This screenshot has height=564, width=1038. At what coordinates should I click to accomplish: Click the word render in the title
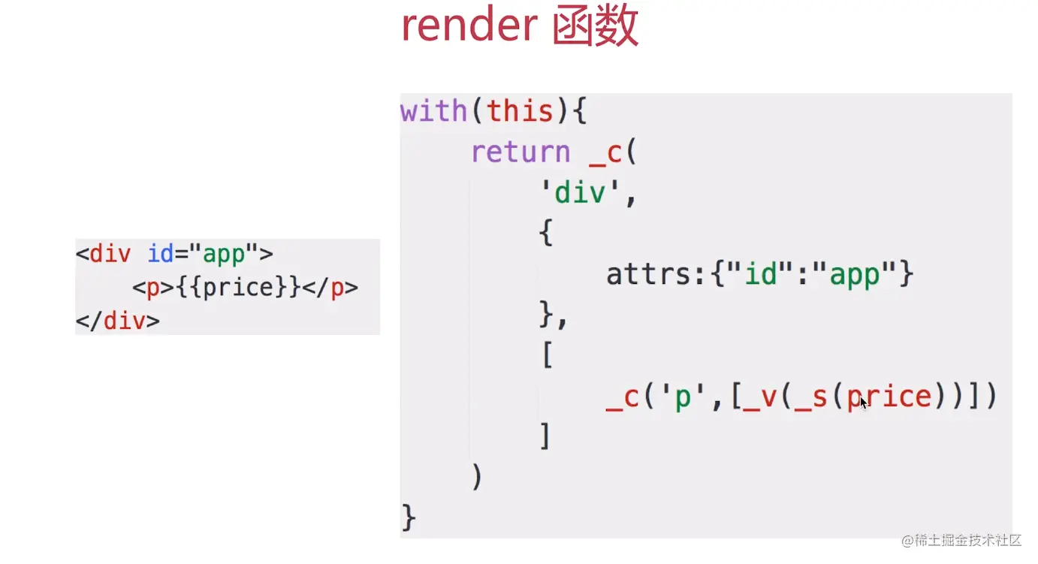469,27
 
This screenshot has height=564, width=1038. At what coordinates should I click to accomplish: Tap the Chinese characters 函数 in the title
596,27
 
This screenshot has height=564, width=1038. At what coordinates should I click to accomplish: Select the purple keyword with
433,112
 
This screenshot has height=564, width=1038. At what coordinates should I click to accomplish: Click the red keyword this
521,112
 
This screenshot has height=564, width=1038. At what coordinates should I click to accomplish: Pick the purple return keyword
521,152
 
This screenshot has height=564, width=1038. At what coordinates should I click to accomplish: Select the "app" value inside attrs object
854,275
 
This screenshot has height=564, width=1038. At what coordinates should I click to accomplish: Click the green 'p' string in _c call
681,397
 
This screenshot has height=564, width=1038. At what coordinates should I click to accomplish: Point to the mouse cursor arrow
864,403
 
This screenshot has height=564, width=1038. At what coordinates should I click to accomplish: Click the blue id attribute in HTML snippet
161,254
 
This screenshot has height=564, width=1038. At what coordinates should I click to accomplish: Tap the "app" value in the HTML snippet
224,254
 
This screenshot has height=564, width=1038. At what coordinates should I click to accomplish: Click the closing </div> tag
118,321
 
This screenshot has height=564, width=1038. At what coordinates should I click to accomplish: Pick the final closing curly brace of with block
409,517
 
